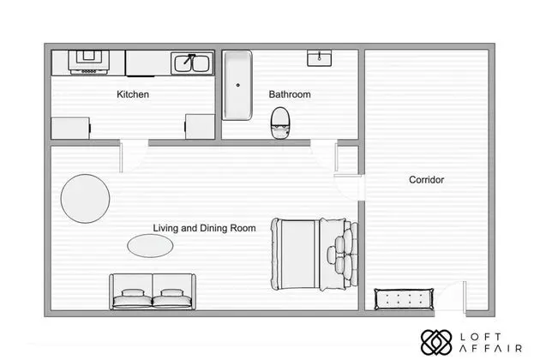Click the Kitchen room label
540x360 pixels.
coord(133,94)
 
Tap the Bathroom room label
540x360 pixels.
coord(290,94)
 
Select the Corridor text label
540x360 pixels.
coord(426,179)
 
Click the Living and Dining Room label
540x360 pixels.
coord(204,228)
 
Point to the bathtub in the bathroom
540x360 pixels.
coord(237,86)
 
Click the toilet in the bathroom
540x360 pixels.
coord(280,123)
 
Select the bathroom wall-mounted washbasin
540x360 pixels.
coord(319,57)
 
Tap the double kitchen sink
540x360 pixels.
coord(192,63)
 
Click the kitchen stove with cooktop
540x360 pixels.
coord(88,62)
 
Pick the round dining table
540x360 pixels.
coord(85,199)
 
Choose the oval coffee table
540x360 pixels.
coord(150,246)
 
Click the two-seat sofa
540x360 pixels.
coord(153,291)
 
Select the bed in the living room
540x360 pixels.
coord(315,254)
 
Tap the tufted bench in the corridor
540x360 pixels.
coord(404,299)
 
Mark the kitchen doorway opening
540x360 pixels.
coord(134,142)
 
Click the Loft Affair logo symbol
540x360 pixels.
coord(436,343)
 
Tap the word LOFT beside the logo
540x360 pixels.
coord(481,337)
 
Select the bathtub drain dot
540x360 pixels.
coord(238,85)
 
